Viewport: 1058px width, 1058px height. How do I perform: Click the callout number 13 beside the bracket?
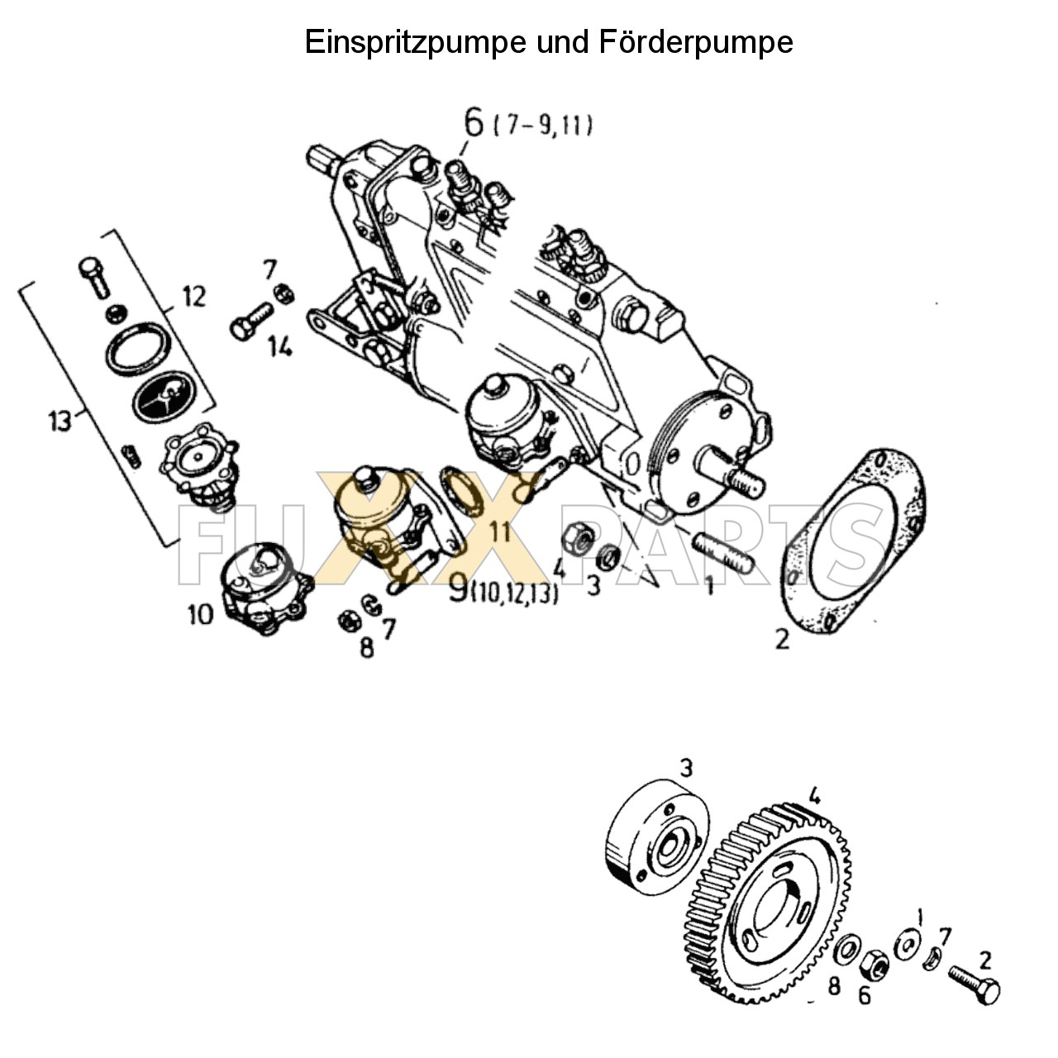tap(60, 421)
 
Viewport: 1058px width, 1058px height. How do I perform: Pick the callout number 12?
tap(193, 296)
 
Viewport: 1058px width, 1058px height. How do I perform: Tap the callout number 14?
tap(279, 348)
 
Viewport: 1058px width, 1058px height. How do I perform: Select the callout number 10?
tap(200, 614)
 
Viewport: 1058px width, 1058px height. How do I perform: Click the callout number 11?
tap(499, 531)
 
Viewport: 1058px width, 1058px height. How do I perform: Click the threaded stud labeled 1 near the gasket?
tap(723, 553)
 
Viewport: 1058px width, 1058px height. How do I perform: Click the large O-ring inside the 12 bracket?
tap(138, 350)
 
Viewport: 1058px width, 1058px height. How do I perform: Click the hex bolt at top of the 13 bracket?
tap(93, 275)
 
